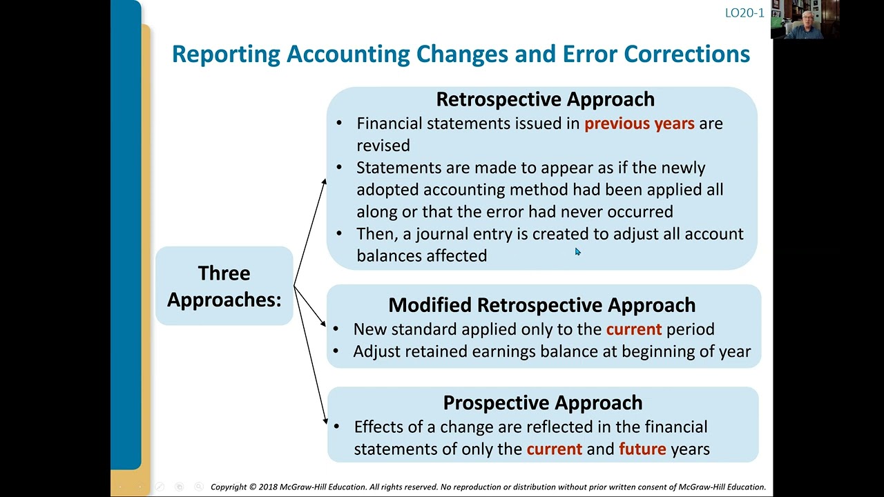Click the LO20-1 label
coord(744,12)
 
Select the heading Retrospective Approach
coord(545,99)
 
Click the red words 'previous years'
coord(639,124)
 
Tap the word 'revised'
coord(383,146)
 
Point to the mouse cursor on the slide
coord(577,252)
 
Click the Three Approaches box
coord(224,286)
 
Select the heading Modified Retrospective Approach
coord(541,305)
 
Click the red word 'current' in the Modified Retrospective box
coord(633,329)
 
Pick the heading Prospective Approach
coord(542,402)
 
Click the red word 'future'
coord(642,449)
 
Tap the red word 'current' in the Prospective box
coord(554,449)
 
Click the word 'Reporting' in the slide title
coord(226,54)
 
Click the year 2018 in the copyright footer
coord(268,487)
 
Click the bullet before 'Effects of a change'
coord(337,427)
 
